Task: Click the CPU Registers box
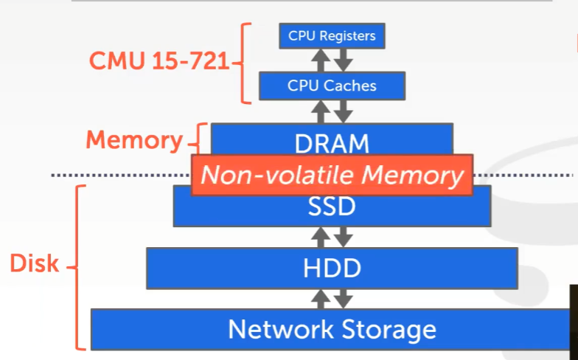coord(332,35)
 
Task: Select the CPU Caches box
coord(332,86)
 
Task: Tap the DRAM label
coord(332,142)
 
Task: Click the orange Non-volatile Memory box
coord(332,176)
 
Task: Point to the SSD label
coord(332,207)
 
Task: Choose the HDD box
coord(332,268)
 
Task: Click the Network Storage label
coord(332,329)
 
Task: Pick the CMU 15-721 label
coord(159,61)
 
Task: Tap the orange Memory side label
coord(133,139)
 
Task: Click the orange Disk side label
coord(34,263)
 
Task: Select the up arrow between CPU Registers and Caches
coord(321,60)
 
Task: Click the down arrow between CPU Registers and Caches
coord(344,60)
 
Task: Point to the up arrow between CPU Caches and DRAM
coord(321,111)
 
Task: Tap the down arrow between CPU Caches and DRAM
coord(344,111)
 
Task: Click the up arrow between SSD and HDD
coord(321,237)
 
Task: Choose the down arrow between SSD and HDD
coord(344,237)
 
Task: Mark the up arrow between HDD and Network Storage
coord(321,299)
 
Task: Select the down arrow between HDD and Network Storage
coord(344,299)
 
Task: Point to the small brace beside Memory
coord(196,139)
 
